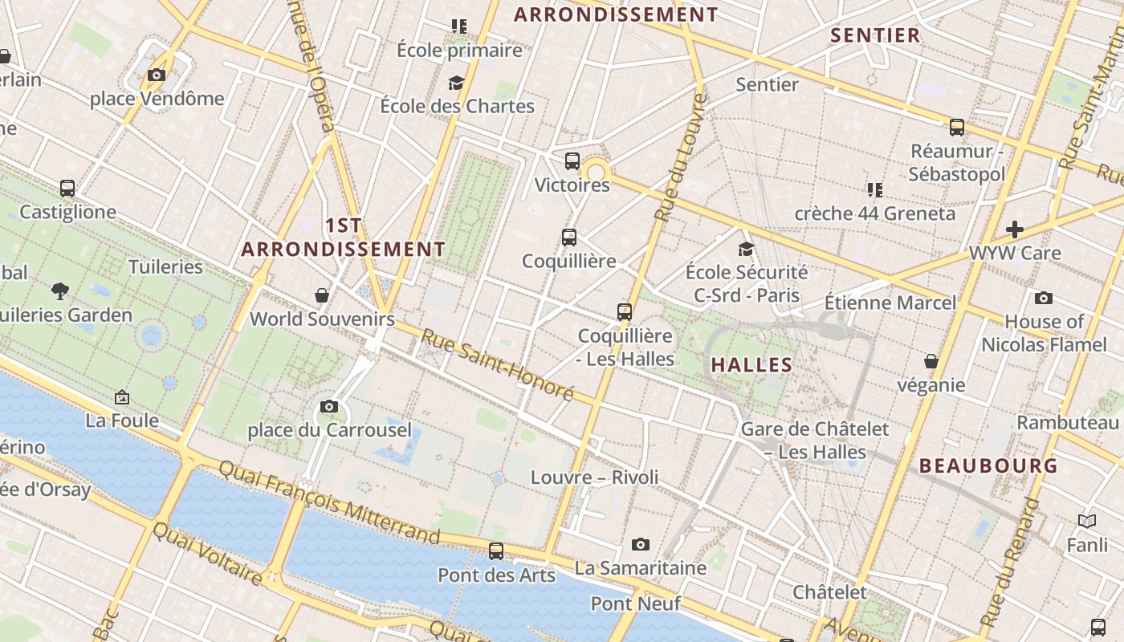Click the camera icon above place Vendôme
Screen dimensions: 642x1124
point(157,75)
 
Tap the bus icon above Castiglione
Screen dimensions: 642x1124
point(67,189)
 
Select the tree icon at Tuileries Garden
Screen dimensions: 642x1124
point(59,291)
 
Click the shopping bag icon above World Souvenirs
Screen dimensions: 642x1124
point(322,295)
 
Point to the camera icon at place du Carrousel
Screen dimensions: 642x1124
point(328,406)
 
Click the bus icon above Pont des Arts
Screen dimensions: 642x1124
point(496,551)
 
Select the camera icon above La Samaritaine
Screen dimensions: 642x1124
point(640,544)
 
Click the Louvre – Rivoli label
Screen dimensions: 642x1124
point(594,477)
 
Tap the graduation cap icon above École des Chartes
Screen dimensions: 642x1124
point(457,83)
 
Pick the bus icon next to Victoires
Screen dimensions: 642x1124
point(572,161)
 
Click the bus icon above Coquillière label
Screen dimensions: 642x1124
point(569,238)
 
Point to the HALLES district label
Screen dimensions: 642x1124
point(751,365)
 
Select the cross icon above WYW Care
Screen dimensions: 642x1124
point(1015,230)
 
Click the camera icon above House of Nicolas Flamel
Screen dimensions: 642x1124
point(1044,299)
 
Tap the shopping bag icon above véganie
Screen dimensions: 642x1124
point(931,361)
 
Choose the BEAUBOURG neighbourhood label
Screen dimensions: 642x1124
point(988,465)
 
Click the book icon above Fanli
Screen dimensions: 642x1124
point(1087,522)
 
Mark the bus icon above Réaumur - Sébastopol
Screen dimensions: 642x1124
point(957,128)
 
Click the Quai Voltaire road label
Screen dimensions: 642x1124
point(207,554)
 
